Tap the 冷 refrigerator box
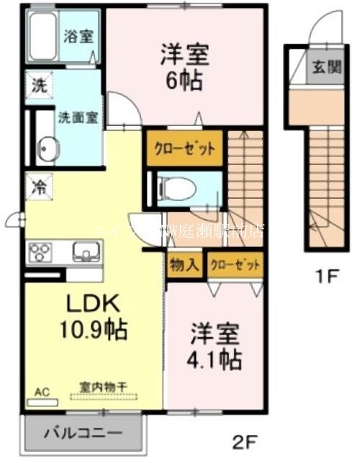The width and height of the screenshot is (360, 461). tap(37, 185)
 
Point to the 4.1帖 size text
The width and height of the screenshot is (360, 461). tap(216, 358)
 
